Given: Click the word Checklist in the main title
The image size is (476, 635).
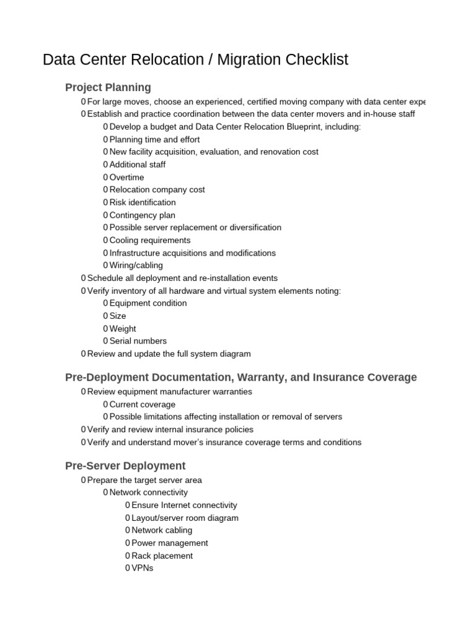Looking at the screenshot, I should [317, 60].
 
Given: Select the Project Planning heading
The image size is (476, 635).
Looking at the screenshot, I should [108, 87].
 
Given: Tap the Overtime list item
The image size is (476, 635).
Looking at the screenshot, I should [126, 177].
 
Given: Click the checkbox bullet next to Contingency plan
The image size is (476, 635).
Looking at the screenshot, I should [105, 215].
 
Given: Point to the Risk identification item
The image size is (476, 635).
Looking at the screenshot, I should [143, 202].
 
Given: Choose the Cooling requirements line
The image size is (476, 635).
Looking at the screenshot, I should [150, 240].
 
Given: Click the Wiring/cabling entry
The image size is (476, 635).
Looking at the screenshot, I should [136, 265].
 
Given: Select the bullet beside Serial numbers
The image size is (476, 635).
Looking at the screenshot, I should [105, 341].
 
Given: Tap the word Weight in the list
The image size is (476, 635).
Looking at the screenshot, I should [123, 329].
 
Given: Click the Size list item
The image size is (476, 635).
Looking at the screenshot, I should [118, 316].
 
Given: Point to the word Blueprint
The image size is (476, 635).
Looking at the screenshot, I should [328, 127].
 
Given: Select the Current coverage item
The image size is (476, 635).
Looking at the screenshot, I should [143, 404].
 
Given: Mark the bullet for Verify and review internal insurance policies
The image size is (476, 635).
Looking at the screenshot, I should [83, 429].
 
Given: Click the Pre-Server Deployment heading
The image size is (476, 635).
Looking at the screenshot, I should [125, 466].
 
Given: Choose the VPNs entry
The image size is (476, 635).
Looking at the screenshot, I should [143, 568].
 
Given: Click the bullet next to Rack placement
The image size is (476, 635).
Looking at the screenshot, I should [127, 556].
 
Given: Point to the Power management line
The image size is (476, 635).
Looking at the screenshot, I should [170, 543].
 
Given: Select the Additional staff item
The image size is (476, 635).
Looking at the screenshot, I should [138, 164].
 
